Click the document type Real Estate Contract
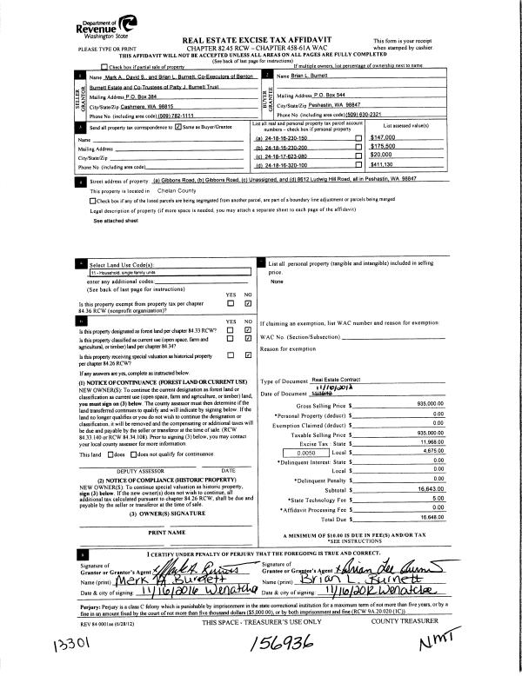(x=338, y=380)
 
